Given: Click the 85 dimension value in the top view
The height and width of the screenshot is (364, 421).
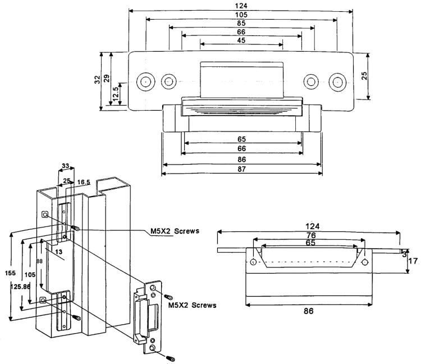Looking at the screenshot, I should tap(241, 24).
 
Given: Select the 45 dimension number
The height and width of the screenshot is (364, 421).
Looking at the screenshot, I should tap(241, 40).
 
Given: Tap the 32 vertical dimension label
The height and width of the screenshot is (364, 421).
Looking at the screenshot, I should tap(98, 81).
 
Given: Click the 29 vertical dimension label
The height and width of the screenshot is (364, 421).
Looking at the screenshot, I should tap(107, 79).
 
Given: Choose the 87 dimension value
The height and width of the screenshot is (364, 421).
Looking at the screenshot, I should tap(241, 168).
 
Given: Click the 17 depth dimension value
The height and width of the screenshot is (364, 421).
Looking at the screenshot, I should tap(413, 261).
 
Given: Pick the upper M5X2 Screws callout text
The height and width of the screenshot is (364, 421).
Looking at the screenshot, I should tap(175, 230).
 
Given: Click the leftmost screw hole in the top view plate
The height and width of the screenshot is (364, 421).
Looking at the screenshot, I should tap(145, 81).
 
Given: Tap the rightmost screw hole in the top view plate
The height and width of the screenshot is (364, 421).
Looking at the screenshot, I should tap(337, 81).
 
